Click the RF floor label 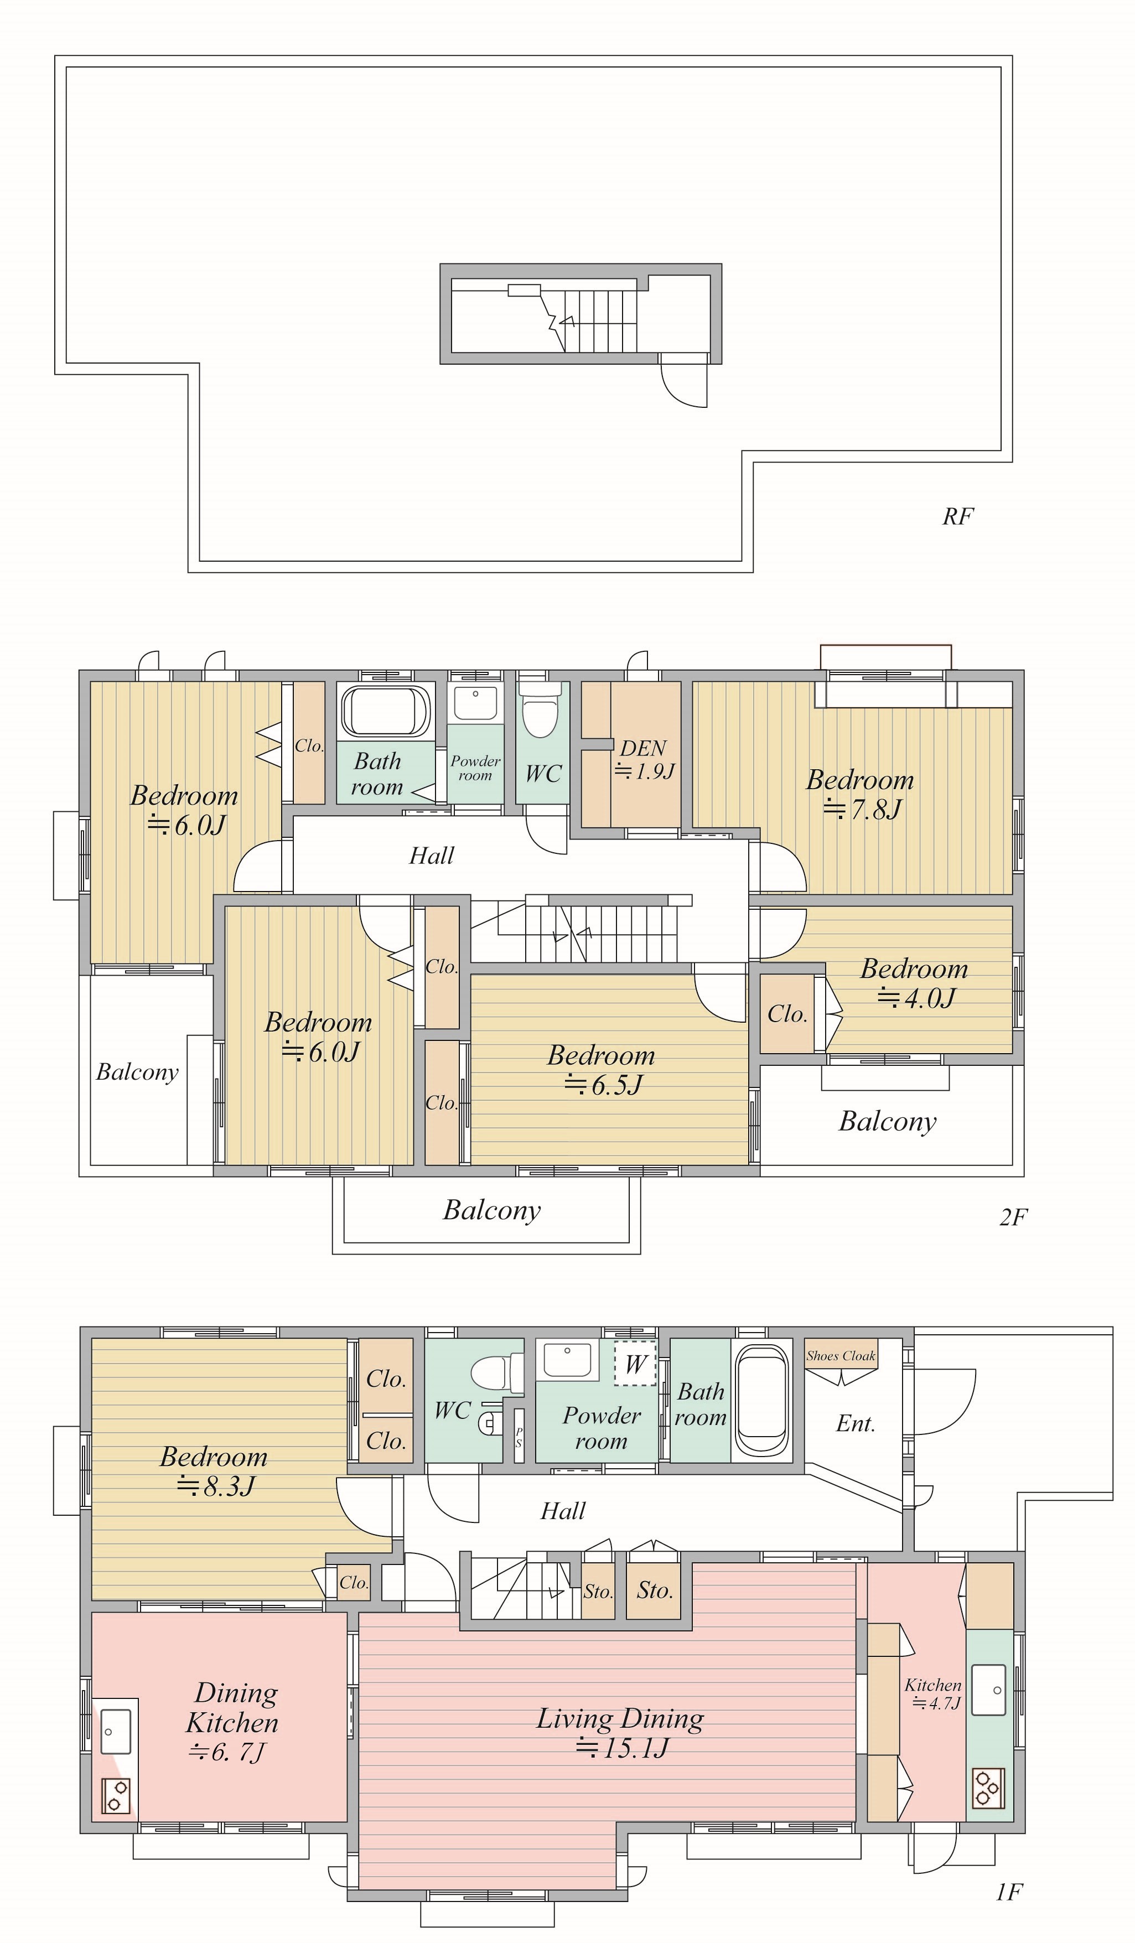pyautogui.click(x=958, y=516)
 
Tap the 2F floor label pyautogui.click(x=1013, y=1217)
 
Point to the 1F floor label pyautogui.click(x=1008, y=1892)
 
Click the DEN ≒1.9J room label pyautogui.click(x=645, y=759)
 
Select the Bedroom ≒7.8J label pyautogui.click(x=861, y=794)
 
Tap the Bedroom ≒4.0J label pyautogui.click(x=915, y=983)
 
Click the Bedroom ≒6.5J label pyautogui.click(x=602, y=1069)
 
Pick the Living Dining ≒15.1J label pyautogui.click(x=621, y=1733)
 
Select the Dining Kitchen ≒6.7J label pyautogui.click(x=231, y=1722)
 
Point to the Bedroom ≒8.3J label pyautogui.click(x=214, y=1470)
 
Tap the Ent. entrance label pyautogui.click(x=856, y=1423)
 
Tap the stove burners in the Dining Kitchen pyautogui.click(x=116, y=1796)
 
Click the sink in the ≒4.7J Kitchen pyautogui.click(x=988, y=1690)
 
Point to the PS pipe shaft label pyautogui.click(x=519, y=1437)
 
